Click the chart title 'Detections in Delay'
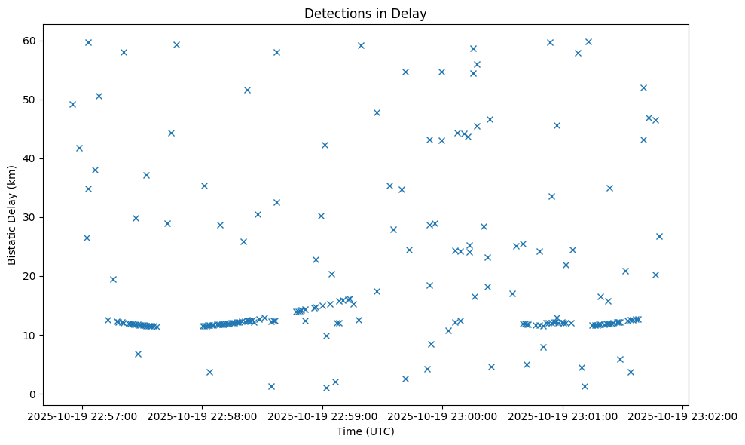365,13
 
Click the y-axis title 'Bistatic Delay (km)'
12,214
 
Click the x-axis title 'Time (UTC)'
365,431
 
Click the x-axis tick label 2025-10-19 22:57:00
82,415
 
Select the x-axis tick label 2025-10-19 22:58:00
202,415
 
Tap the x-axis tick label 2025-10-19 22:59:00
322,415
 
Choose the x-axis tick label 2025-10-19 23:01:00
563,415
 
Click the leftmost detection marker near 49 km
72,104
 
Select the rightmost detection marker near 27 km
659,236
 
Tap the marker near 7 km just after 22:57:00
138,354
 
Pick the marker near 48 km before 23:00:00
377,112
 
